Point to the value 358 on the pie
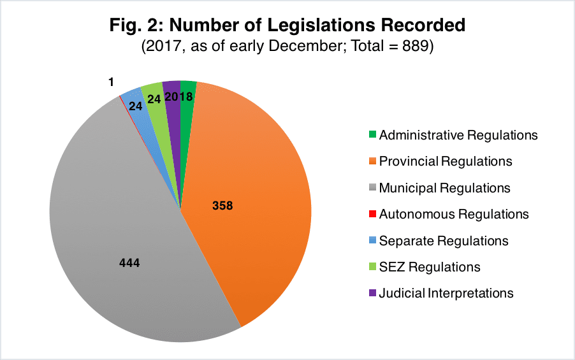click(222, 206)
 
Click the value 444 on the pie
click(129, 263)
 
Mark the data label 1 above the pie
click(111, 82)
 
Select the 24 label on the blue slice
click(136, 106)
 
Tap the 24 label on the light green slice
click(154, 99)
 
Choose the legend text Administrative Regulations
click(458, 135)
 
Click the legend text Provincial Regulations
click(446, 162)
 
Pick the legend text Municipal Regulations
click(444, 188)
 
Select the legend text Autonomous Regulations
click(454, 214)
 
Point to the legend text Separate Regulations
click(444, 241)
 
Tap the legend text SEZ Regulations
click(430, 267)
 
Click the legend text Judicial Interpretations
click(446, 294)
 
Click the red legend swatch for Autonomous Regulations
click(372, 215)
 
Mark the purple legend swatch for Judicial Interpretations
click(372, 294)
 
